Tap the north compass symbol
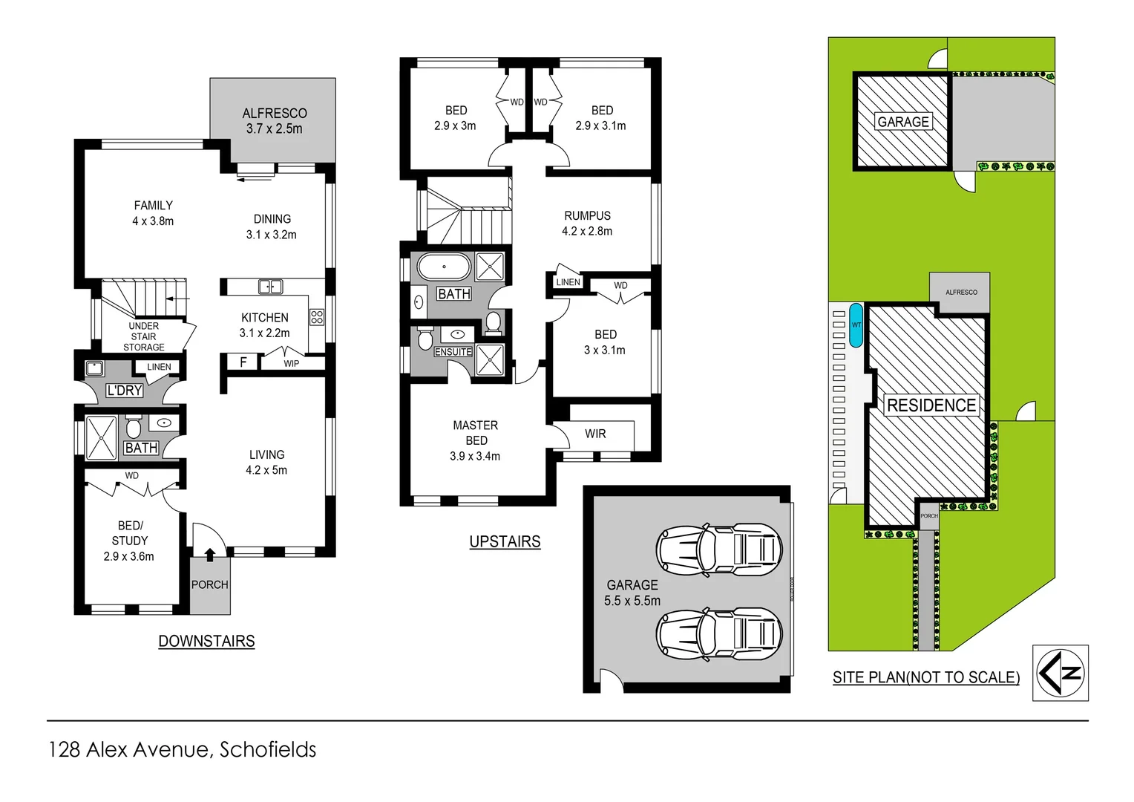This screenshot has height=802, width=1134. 1061,673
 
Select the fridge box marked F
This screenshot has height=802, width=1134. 243,362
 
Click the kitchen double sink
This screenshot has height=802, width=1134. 270,287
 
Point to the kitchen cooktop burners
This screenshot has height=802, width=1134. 317,317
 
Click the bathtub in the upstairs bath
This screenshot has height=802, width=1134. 444,267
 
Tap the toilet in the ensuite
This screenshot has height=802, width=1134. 425,339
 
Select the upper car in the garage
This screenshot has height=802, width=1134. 718,550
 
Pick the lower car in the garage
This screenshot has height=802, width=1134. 718,633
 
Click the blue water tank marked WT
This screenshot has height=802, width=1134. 856,325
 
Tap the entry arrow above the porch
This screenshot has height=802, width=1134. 210,553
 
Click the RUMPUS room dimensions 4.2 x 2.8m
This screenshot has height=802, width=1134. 587,232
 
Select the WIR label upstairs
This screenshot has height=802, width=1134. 595,434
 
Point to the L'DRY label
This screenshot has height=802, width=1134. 124,391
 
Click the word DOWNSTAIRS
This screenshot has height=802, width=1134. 206,641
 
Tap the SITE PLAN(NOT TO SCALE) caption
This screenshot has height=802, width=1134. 925,677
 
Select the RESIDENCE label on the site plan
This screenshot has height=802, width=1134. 931,405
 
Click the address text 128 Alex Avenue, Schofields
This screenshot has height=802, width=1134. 183,749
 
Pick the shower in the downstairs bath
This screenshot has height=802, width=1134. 101,438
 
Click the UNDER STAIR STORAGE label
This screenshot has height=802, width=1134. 144,336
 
